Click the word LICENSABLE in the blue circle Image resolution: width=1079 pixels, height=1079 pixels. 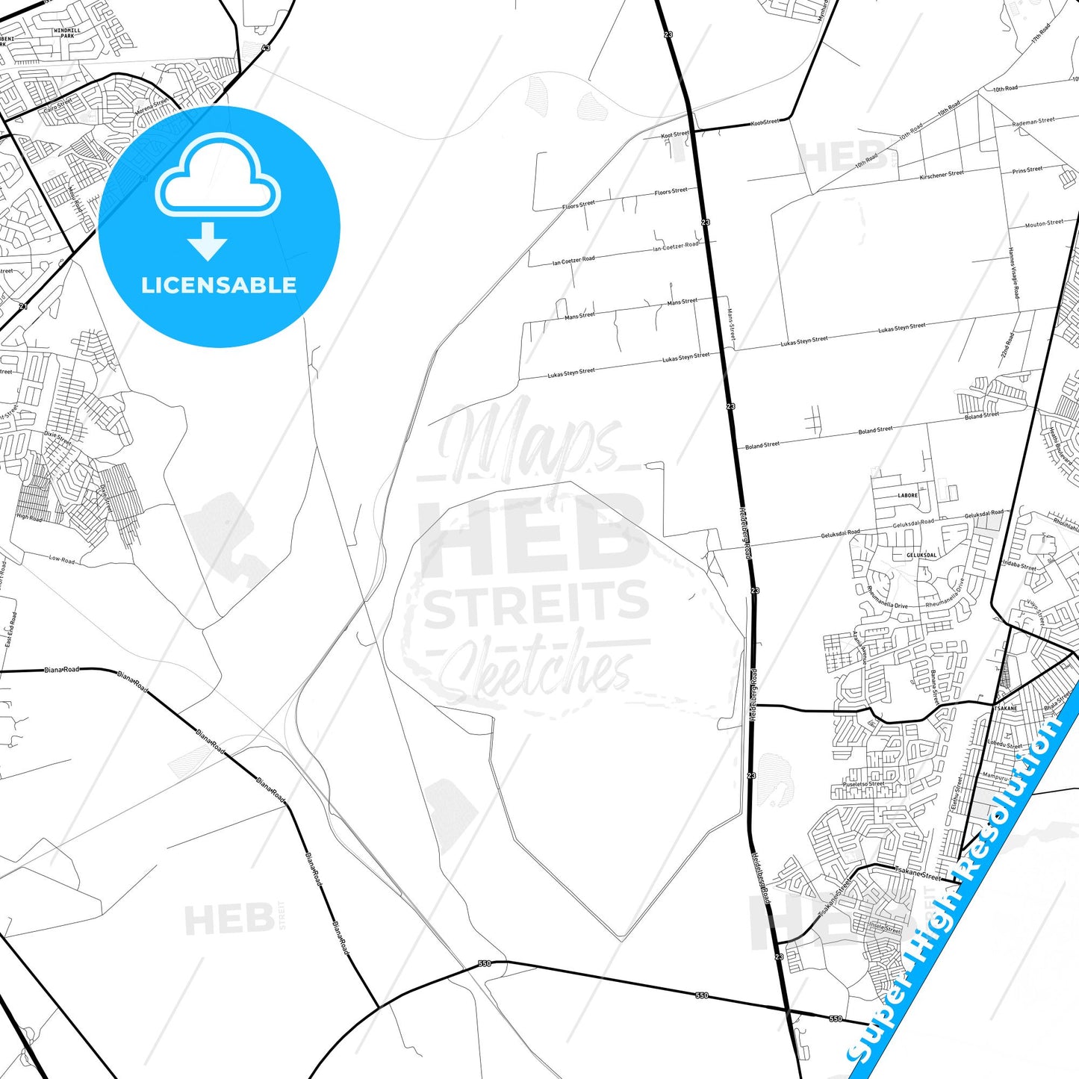point(219,285)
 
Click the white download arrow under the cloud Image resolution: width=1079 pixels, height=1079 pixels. point(208,240)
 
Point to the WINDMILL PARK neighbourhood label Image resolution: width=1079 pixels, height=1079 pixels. point(68,33)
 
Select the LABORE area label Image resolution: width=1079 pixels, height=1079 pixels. point(908,495)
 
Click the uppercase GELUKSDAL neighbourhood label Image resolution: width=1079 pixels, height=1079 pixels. point(921,555)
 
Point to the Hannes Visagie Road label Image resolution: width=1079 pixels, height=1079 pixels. point(1013,273)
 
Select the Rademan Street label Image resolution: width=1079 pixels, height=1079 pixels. point(1033,121)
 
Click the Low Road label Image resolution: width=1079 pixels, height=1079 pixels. point(62,559)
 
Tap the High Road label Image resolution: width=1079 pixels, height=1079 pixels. point(29,517)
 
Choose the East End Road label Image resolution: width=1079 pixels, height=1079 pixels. point(10,629)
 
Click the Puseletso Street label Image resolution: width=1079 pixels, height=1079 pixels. point(864,784)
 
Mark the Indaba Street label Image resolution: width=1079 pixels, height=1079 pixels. point(1019,565)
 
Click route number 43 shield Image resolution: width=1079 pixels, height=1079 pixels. point(266,48)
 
